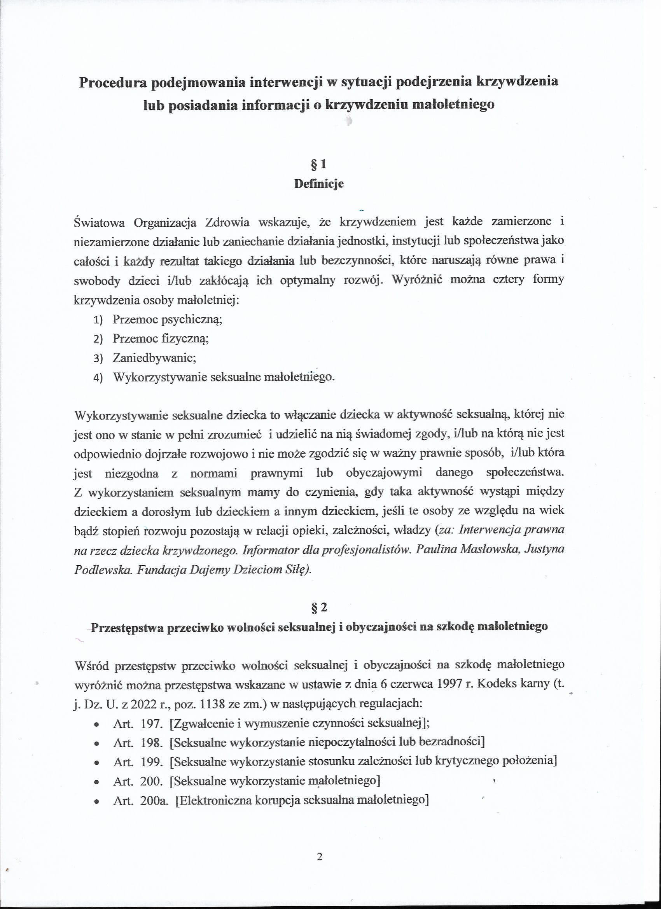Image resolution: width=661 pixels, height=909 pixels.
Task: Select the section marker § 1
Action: pyautogui.click(x=319, y=164)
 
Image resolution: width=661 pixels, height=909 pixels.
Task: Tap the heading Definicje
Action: pyautogui.click(x=319, y=184)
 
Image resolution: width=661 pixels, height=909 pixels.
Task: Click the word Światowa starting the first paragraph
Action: pyautogui.click(x=99, y=222)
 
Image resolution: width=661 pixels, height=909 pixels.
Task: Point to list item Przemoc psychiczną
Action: pyautogui.click(x=167, y=319)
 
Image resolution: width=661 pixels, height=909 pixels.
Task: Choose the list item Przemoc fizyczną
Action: pyautogui.click(x=160, y=338)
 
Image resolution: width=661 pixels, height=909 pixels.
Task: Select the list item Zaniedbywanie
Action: pyautogui.click(x=154, y=358)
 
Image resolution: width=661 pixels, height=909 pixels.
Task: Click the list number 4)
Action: pyautogui.click(x=98, y=378)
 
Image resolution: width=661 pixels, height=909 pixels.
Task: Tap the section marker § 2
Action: pyautogui.click(x=319, y=608)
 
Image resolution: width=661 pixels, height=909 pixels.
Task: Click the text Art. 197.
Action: pyautogui.click(x=138, y=723)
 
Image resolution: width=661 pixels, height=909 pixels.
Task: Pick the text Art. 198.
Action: pyautogui.click(x=138, y=742)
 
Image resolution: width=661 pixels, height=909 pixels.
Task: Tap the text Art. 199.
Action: pyautogui.click(x=138, y=762)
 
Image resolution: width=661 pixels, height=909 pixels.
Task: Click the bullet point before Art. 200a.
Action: pyautogui.click(x=96, y=802)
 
